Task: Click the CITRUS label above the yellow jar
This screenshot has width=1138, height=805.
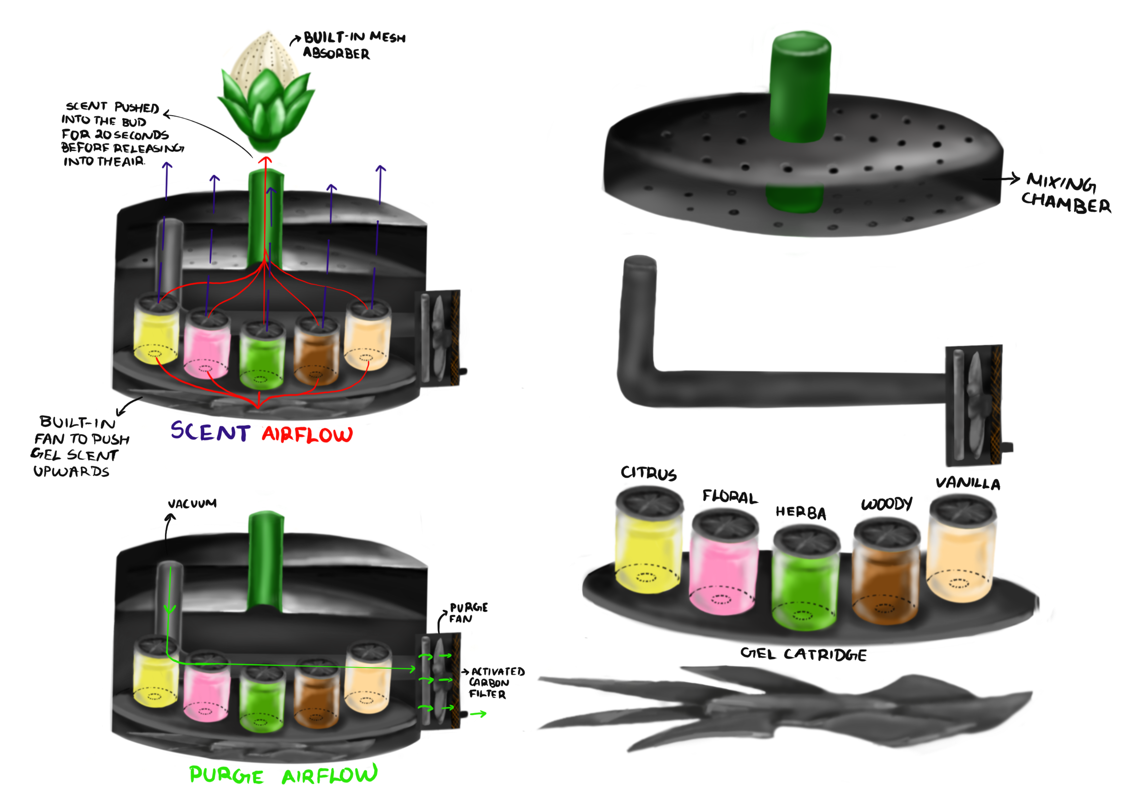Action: [x=648, y=473]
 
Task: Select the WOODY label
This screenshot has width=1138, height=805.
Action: [x=886, y=504]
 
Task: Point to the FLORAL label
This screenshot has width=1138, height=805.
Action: [x=730, y=497]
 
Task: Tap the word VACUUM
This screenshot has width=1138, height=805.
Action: [x=192, y=503]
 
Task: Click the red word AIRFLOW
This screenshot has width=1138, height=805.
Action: [x=307, y=435]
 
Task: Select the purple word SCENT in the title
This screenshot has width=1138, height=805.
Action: [x=211, y=431]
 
